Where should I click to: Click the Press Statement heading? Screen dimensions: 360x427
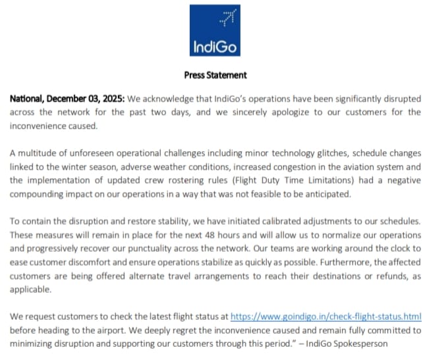click(215, 75)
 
